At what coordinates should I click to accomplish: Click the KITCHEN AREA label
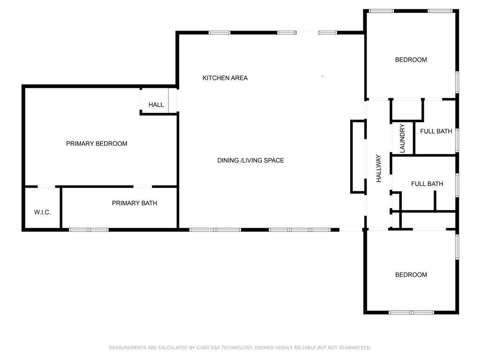pyautogui.click(x=225, y=78)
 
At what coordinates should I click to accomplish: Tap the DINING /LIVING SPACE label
pyautogui.click(x=251, y=160)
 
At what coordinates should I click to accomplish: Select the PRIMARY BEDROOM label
pyautogui.click(x=97, y=143)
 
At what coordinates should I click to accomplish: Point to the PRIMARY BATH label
pyautogui.click(x=135, y=203)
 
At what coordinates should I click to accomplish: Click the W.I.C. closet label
pyautogui.click(x=42, y=212)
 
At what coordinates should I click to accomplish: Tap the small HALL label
pyautogui.click(x=156, y=105)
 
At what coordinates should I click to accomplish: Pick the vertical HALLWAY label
pyautogui.click(x=379, y=168)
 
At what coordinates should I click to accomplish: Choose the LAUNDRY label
pyautogui.click(x=402, y=138)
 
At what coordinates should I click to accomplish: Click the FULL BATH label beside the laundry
pyautogui.click(x=436, y=131)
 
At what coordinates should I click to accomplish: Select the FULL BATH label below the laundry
pyautogui.click(x=427, y=184)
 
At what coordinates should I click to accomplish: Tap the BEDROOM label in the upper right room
pyautogui.click(x=411, y=60)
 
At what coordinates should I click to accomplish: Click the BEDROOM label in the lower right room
pyautogui.click(x=411, y=275)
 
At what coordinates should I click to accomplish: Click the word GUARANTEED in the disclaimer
pyautogui.click(x=355, y=347)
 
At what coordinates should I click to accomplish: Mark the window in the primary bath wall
pyautogui.click(x=89, y=230)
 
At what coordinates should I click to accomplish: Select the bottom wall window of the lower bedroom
pyautogui.click(x=412, y=313)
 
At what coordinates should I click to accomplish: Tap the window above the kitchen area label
pyautogui.click(x=219, y=32)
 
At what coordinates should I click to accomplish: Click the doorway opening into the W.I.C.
pyautogui.click(x=46, y=187)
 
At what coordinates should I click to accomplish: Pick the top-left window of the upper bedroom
pyautogui.click(x=381, y=11)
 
